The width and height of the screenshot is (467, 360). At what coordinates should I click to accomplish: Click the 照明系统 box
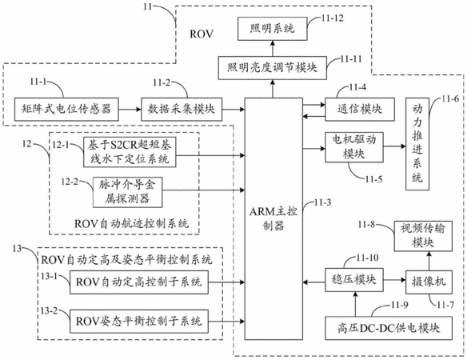272,29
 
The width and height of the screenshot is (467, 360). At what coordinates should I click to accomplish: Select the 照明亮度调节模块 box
272,68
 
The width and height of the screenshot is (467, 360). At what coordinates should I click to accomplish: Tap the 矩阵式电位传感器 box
66,110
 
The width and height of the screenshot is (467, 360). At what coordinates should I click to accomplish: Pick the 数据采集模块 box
182,110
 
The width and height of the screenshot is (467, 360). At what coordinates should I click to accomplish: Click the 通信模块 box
360,110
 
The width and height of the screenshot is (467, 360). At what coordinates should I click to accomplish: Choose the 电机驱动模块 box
353,147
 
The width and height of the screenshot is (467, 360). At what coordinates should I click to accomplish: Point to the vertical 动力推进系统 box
417,144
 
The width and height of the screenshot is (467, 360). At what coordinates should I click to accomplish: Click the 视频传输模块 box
423,236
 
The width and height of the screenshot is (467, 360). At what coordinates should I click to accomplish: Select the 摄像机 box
429,282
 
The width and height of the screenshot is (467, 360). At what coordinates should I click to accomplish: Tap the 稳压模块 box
353,280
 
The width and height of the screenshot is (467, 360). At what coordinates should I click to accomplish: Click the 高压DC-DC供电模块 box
389,328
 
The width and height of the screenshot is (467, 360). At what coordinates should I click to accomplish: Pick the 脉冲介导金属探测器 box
127,192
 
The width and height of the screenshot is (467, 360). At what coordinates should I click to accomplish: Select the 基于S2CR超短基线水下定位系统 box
130,152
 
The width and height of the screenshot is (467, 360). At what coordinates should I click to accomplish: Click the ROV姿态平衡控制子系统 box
139,322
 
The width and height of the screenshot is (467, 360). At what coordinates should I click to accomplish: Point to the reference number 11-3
322,202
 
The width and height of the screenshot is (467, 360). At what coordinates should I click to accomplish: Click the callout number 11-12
333,18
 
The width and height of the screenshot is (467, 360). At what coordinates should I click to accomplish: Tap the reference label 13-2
50,310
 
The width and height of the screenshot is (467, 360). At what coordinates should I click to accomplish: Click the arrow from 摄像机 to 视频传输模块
429,261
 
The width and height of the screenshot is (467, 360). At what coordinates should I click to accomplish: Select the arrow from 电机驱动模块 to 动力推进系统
394,146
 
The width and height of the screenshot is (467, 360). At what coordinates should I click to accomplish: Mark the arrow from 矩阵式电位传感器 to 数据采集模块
130,110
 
